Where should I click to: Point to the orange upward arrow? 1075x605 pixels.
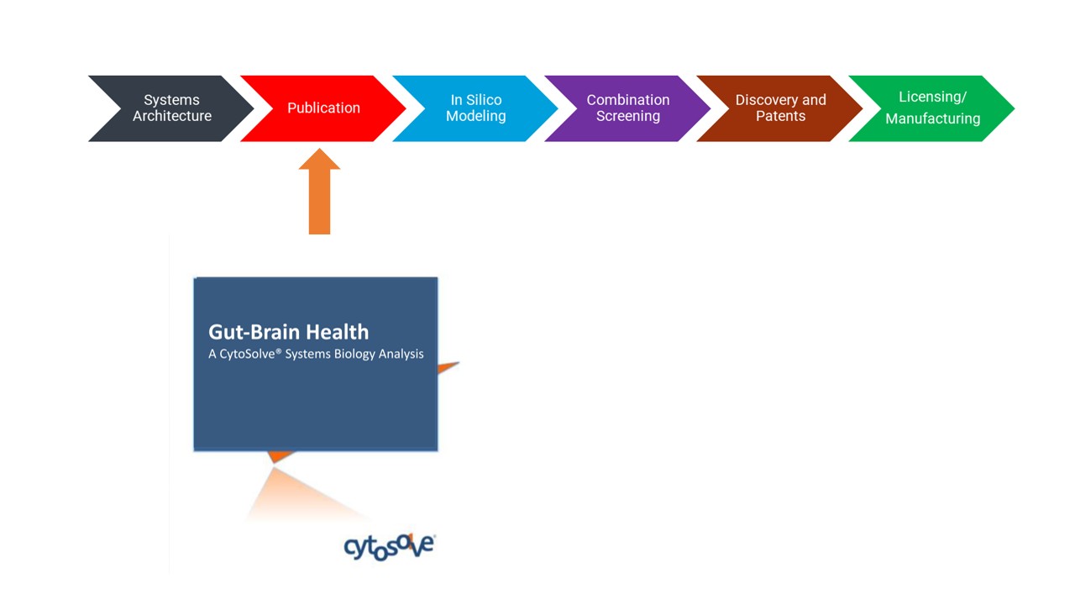(320, 192)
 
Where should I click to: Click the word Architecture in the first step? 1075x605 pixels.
(172, 116)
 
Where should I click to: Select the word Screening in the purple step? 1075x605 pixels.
(628, 116)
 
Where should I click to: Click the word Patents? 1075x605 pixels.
(781, 116)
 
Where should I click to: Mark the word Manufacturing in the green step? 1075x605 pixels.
(933, 118)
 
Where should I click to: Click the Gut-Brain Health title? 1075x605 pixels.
(288, 332)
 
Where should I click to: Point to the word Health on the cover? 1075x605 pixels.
(338, 332)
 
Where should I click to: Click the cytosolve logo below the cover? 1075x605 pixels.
(390, 546)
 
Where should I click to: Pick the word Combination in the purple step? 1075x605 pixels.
(628, 100)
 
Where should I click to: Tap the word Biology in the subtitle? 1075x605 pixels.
(354, 355)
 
